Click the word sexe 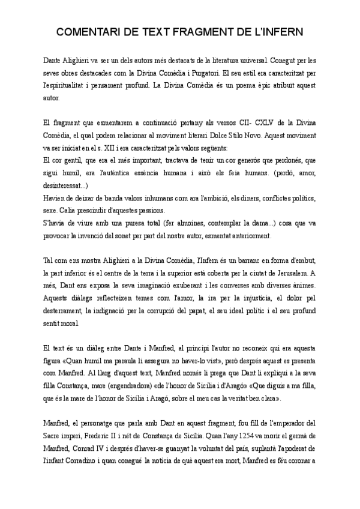[x=52, y=211]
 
